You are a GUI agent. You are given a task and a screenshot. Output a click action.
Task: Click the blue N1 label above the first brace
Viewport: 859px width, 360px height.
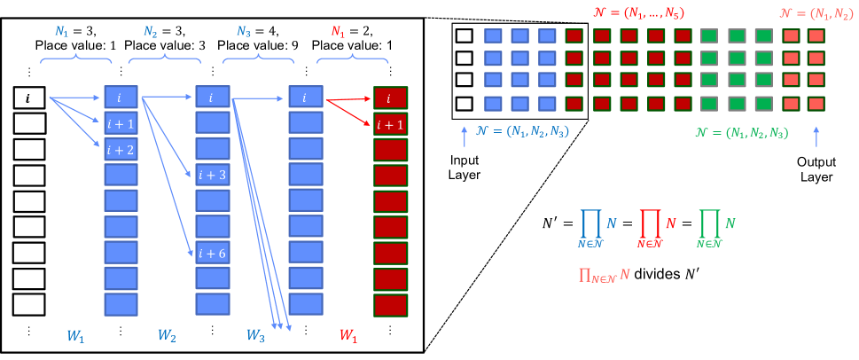(61, 32)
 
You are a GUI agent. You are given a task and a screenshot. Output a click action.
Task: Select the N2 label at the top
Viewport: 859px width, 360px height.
(151, 32)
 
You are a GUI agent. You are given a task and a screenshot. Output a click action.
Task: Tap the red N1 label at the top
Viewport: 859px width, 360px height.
(338, 32)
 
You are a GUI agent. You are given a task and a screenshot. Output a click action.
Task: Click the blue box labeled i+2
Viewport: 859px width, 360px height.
(121, 149)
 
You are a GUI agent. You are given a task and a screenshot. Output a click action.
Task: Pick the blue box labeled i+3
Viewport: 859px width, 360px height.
(213, 175)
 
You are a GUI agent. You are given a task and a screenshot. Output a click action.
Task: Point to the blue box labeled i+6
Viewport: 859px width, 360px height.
(213, 253)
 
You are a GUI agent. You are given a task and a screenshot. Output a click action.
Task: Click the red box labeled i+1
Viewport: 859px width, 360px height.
(390, 124)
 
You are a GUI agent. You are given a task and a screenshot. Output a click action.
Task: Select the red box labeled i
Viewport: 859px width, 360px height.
(390, 98)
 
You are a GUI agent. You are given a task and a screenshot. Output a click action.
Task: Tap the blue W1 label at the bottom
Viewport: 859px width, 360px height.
(75, 336)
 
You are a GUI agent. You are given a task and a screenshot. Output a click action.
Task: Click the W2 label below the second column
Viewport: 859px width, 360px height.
(167, 336)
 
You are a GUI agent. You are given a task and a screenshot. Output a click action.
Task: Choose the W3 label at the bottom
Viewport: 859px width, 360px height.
(255, 336)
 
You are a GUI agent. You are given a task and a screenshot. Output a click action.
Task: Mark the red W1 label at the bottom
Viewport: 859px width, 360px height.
(348, 336)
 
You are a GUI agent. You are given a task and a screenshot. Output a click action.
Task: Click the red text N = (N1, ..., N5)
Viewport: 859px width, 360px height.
(638, 13)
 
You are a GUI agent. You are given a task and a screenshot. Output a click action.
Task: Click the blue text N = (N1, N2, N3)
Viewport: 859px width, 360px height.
(522, 132)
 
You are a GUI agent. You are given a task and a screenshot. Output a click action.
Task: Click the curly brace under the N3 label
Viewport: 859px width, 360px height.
(258, 59)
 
